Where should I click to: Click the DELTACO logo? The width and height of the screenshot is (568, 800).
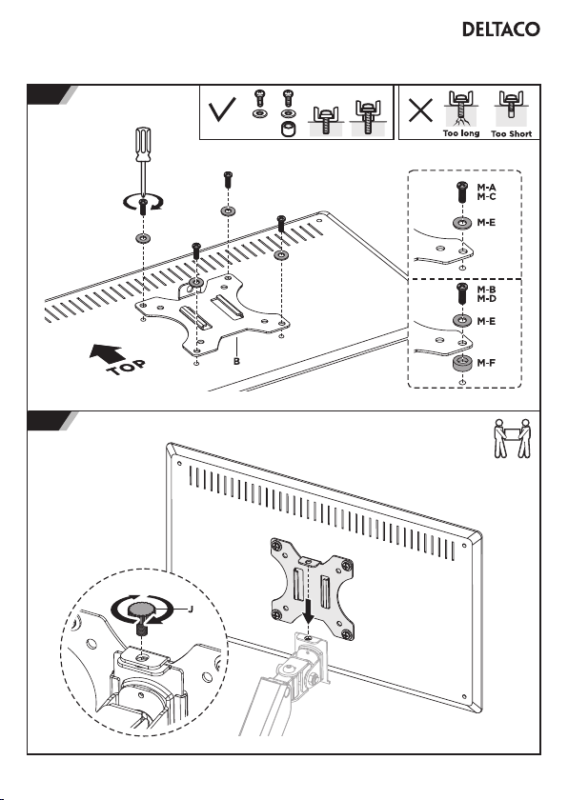(500, 30)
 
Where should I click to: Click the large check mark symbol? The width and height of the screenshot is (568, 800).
(222, 110)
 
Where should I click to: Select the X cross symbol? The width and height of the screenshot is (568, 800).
(420, 110)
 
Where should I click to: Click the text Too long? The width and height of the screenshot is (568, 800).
(461, 133)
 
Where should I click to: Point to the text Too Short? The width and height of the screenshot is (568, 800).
(512, 133)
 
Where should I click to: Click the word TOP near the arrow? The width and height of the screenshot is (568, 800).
(127, 368)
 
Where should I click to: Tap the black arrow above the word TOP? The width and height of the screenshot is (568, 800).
(107, 352)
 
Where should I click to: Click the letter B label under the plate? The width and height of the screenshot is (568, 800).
(236, 361)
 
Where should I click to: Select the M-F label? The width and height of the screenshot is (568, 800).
(486, 363)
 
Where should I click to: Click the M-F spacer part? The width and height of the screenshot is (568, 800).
(462, 364)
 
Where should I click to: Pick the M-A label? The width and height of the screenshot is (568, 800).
(486, 188)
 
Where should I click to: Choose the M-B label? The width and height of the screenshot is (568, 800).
(486, 290)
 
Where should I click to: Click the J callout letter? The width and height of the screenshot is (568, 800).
(191, 610)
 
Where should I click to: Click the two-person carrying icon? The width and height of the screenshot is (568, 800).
(512, 438)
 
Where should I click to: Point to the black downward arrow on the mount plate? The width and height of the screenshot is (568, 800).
(308, 611)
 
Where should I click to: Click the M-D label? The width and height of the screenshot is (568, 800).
(486, 298)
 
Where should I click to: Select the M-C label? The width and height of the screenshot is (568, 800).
(486, 196)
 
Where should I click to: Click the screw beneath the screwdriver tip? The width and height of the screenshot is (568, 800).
(143, 207)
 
